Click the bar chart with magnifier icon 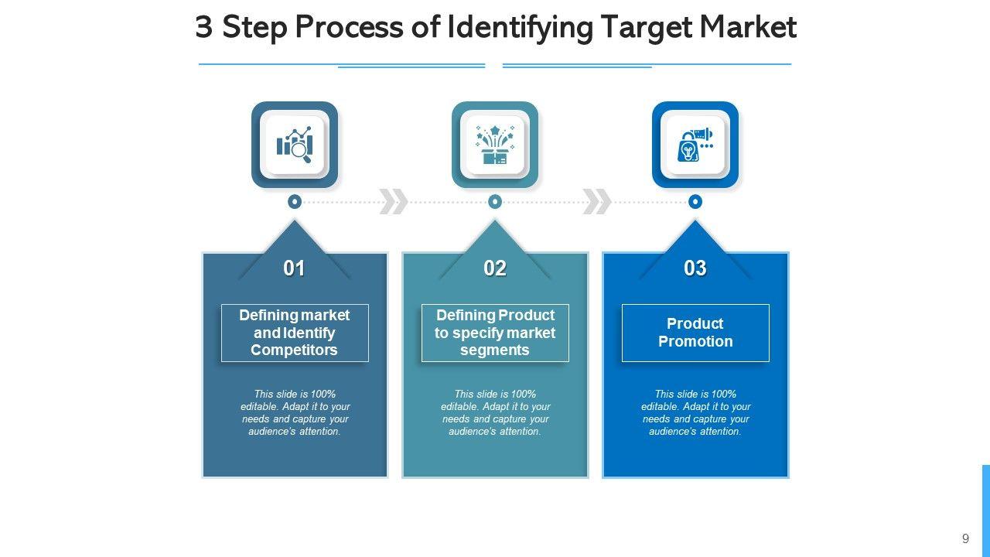pyautogui.click(x=295, y=145)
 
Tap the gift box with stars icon pyautogui.click(x=495, y=145)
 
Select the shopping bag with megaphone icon pyautogui.click(x=695, y=145)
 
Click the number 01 pyautogui.click(x=295, y=268)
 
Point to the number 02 pyautogui.click(x=495, y=268)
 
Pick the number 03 pyautogui.click(x=695, y=268)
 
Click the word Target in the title pyautogui.click(x=646, y=28)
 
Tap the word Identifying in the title pyautogui.click(x=520, y=28)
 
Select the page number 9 pyautogui.click(x=965, y=539)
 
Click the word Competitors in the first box pyautogui.click(x=295, y=350)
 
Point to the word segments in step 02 pyautogui.click(x=495, y=350)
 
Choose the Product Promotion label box pyautogui.click(x=695, y=333)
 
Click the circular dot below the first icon pyautogui.click(x=295, y=202)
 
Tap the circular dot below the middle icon pyautogui.click(x=495, y=202)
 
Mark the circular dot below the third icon pyautogui.click(x=695, y=202)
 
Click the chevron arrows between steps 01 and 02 pyautogui.click(x=394, y=202)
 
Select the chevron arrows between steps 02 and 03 pyautogui.click(x=596, y=202)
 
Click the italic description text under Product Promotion pyautogui.click(x=695, y=412)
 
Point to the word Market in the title pyautogui.click(x=748, y=28)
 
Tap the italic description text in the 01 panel pyautogui.click(x=295, y=412)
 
